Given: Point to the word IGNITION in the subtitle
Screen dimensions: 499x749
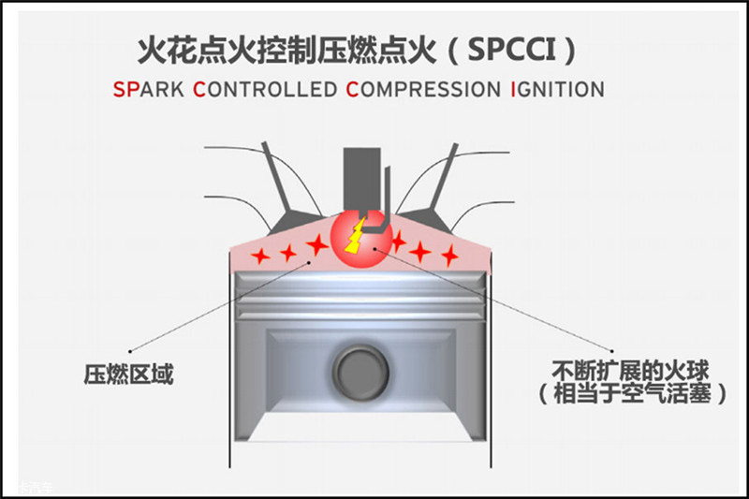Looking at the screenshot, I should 557,91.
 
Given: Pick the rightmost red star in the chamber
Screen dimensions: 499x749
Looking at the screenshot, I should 450,254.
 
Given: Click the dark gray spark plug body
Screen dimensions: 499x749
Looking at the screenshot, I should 359,178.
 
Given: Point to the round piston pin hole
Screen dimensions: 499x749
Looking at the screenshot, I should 360,371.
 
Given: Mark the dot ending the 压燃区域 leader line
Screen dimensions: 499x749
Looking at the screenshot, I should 130,352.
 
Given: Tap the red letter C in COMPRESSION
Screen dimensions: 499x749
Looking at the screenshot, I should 352,91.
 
